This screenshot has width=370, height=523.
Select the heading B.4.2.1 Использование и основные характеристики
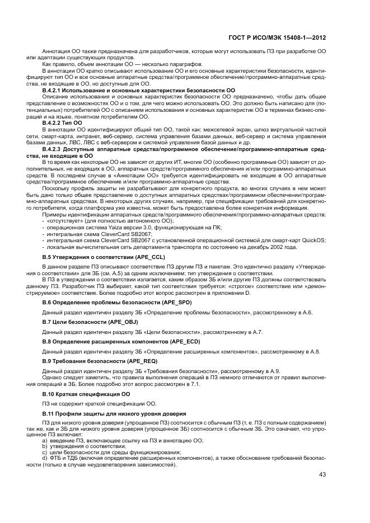pyautogui.click(x=138, y=89)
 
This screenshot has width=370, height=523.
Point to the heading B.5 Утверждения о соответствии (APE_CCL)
pyautogui.click(x=104, y=256)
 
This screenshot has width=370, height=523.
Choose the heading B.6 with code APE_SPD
pyautogui.click(x=120, y=302)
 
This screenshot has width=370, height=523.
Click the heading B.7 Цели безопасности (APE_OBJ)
pyautogui.click(x=90, y=322)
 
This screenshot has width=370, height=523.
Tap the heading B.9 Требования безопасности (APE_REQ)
pyautogui.click(x=97, y=361)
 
